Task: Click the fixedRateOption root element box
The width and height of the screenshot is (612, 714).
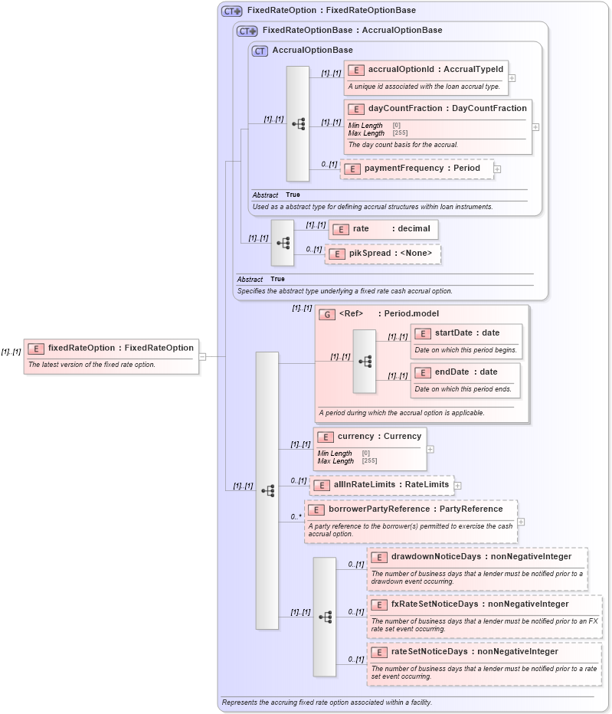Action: coord(112,348)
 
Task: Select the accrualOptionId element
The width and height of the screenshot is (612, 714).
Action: coord(424,70)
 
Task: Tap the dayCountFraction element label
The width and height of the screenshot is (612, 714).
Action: coord(447,109)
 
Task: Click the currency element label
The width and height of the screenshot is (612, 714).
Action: coord(378,437)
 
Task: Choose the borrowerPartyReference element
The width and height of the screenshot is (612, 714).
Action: coord(414,509)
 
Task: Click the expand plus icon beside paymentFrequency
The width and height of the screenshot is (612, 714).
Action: coord(497,169)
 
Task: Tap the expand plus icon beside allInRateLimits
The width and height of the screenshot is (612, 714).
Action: coord(457,485)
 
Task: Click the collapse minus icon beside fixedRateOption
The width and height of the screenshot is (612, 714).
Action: coord(202,356)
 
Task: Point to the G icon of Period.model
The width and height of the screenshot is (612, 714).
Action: coord(327,314)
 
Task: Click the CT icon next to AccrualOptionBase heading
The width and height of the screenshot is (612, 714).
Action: coord(260,51)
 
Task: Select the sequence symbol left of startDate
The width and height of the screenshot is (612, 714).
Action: coord(365,361)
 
